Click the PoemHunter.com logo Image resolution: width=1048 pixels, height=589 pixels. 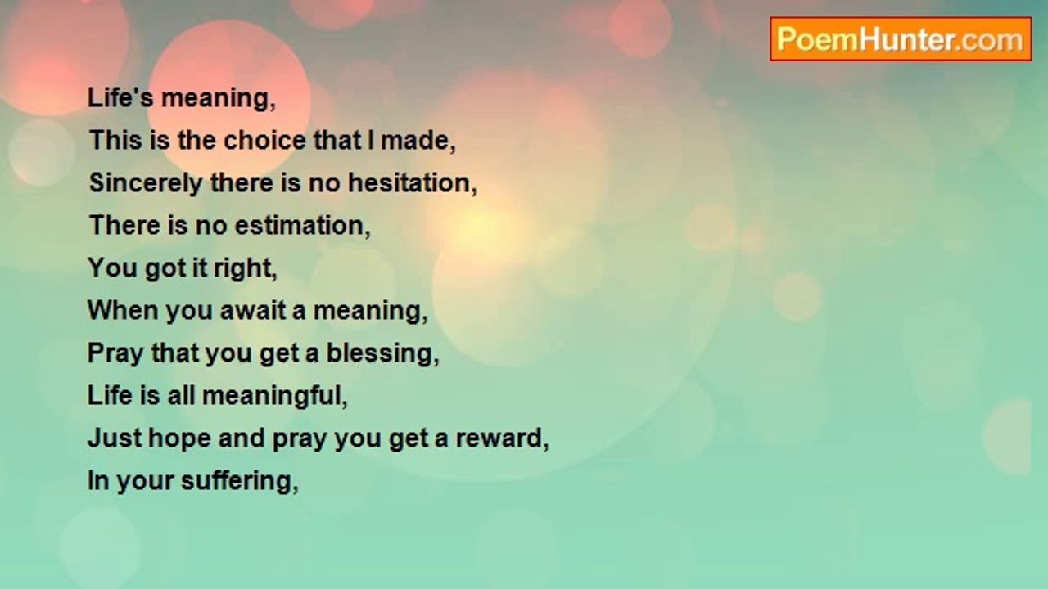tap(901, 39)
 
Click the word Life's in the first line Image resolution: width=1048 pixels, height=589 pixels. tap(120, 97)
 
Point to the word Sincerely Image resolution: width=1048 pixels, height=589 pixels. tap(146, 184)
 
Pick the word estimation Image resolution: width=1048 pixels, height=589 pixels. tap(300, 225)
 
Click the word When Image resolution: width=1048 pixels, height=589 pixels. tap(123, 310)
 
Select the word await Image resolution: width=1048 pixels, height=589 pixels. tap(253, 310)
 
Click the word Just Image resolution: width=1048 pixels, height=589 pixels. tap(115, 438)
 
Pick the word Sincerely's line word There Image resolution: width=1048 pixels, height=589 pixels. tap(241, 182)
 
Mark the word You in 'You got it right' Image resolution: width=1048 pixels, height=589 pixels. tap(112, 268)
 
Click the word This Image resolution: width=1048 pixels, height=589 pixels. tap(115, 140)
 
